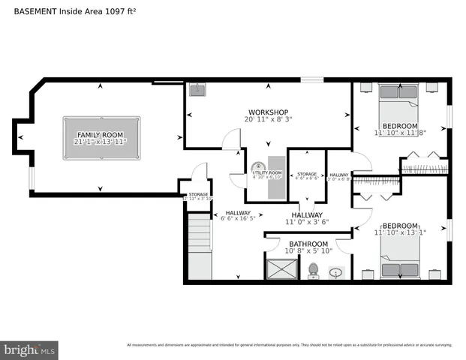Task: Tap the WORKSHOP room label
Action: click(268, 112)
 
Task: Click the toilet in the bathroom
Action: click(314, 270)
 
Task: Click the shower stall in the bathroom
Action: click(281, 268)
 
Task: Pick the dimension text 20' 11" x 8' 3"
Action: click(268, 119)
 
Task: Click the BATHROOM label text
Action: click(308, 244)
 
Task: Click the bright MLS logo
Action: click(30, 349)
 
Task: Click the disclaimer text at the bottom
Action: click(289, 345)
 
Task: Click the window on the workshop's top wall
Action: click(312, 79)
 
